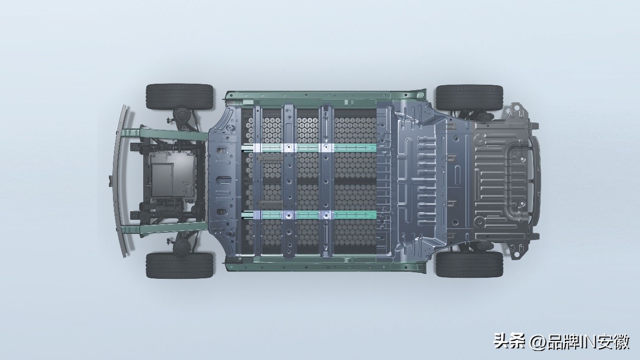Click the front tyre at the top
coord(180,97)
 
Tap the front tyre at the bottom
coord(180,265)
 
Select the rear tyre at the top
coord(469,98)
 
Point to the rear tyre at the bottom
coord(469,264)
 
